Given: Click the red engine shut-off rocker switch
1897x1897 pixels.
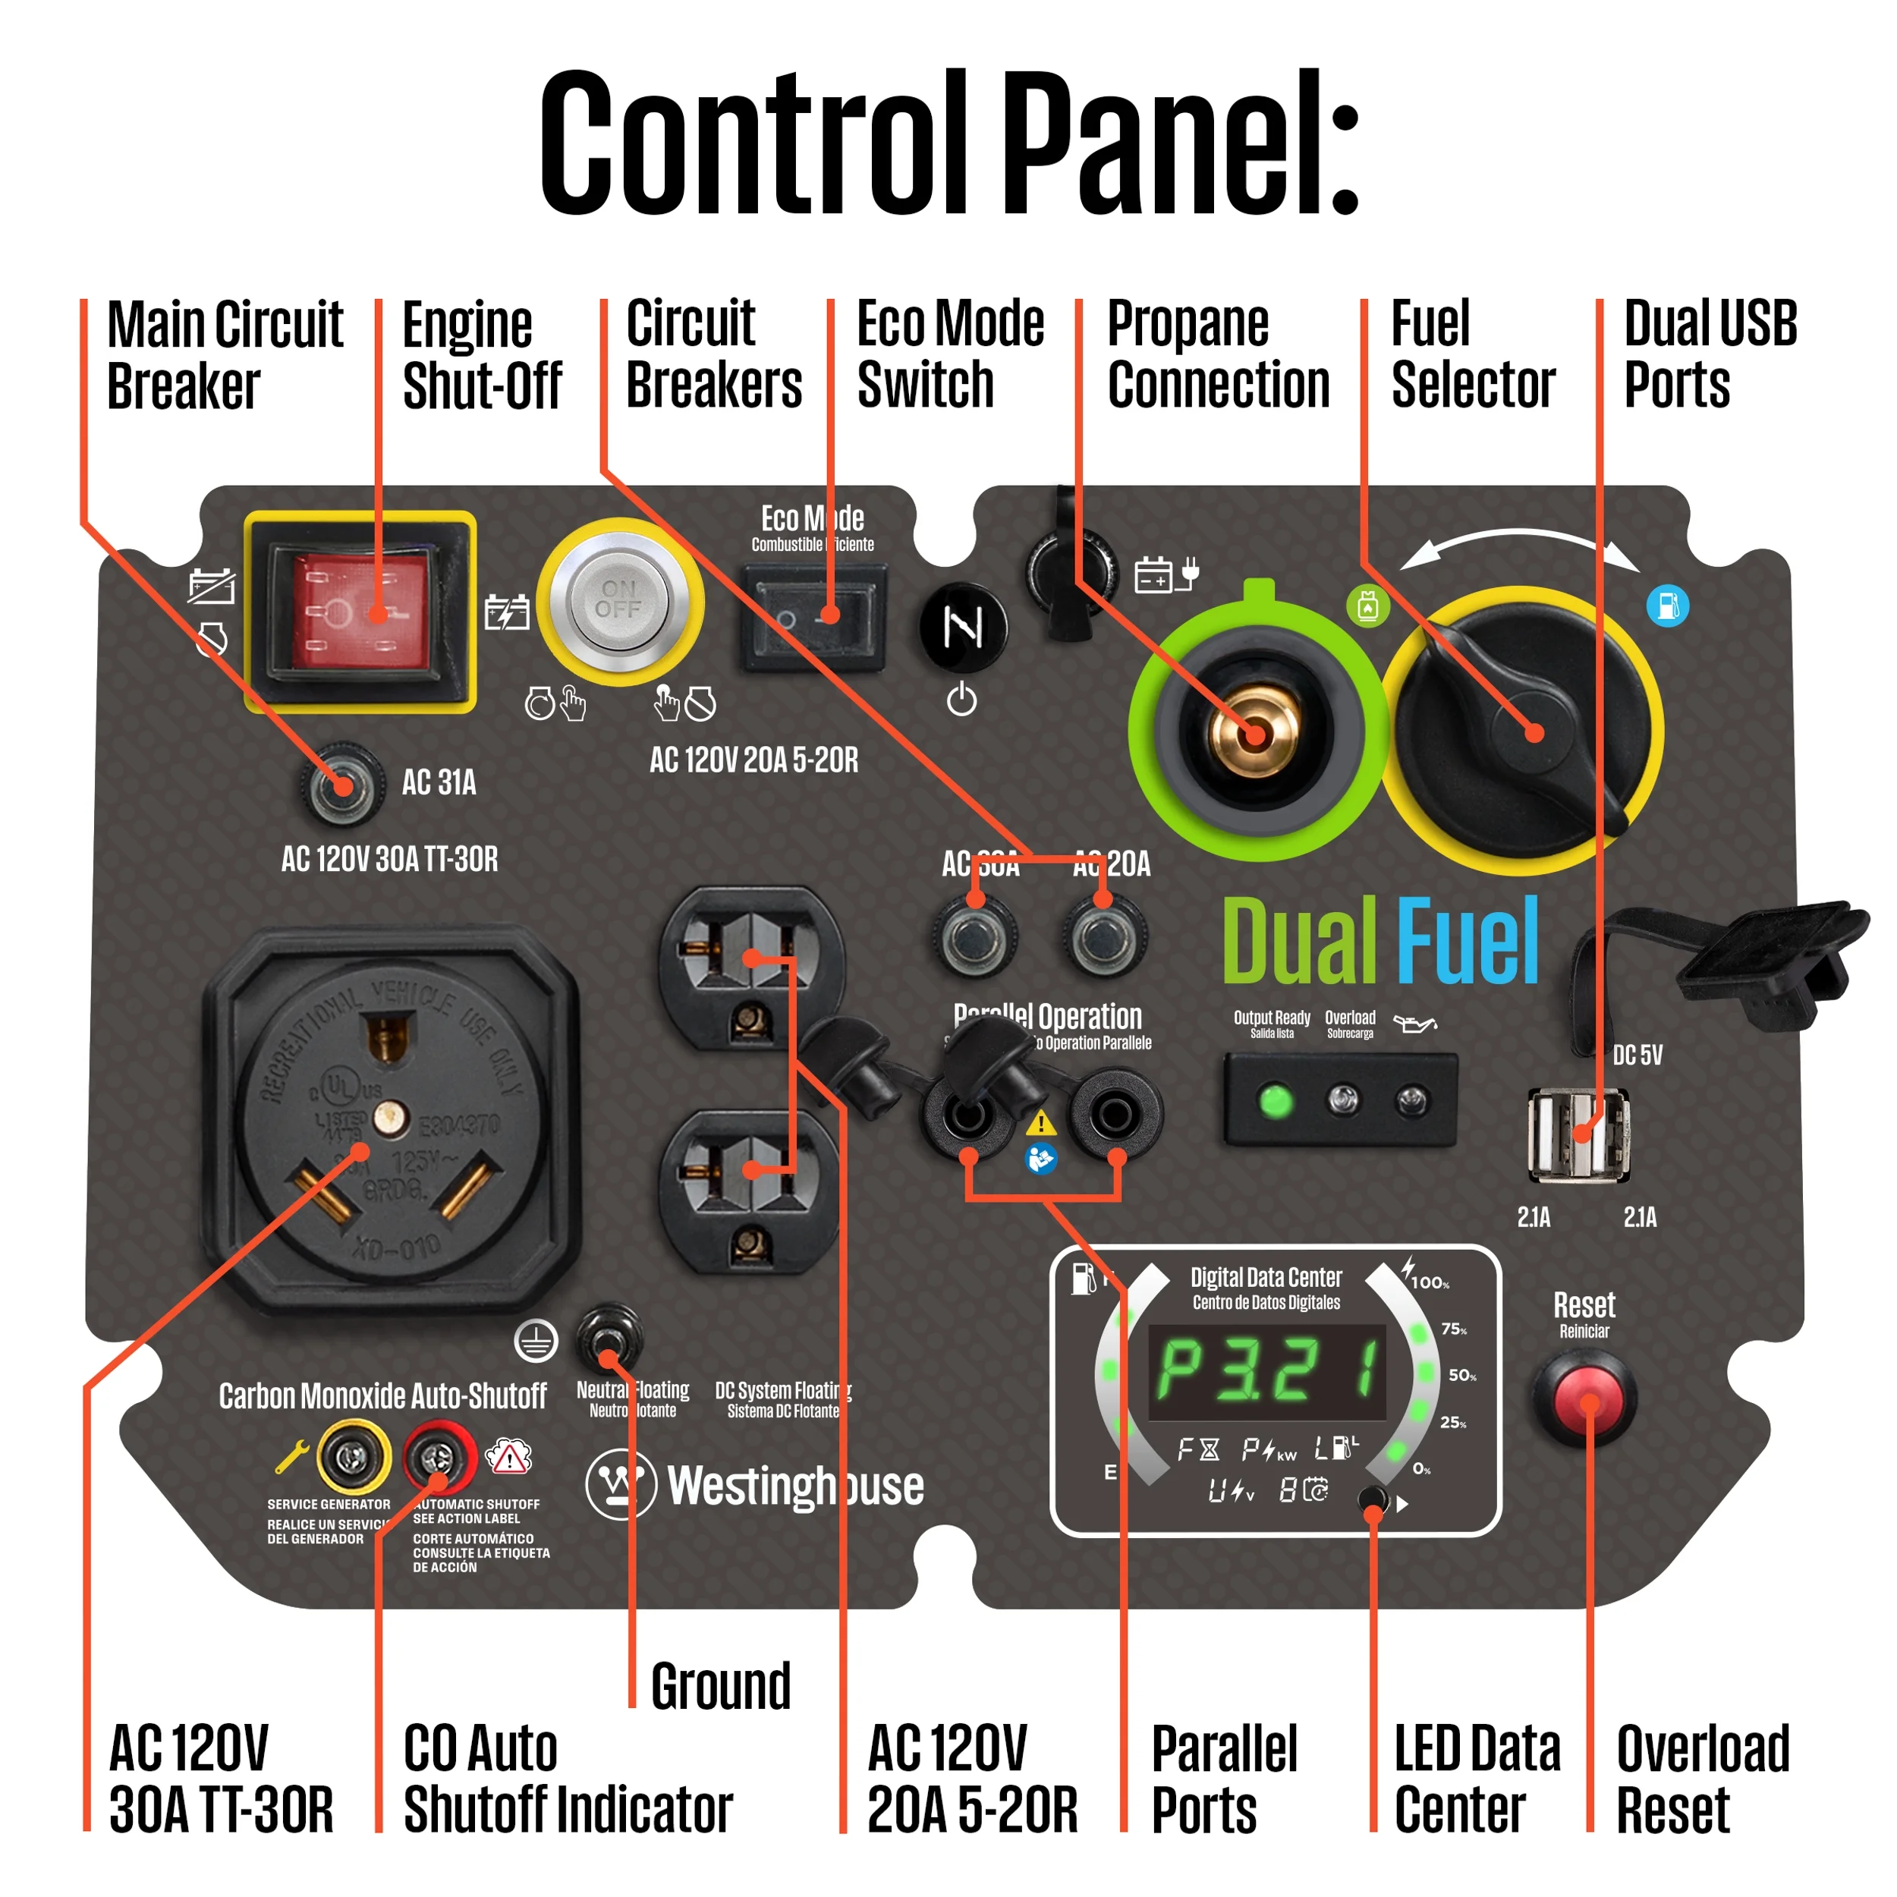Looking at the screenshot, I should (360, 611).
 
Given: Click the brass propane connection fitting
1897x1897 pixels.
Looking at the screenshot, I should (1256, 731).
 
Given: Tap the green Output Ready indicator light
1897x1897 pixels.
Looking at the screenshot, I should (1276, 1101).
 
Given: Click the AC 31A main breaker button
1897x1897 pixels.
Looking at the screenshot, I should (341, 785).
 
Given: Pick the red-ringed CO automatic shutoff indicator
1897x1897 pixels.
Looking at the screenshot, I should (439, 1459).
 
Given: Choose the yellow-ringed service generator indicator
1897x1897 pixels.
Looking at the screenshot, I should (353, 1459).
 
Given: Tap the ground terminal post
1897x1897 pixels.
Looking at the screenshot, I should (609, 1339).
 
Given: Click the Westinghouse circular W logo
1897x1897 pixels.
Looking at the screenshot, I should (621, 1485).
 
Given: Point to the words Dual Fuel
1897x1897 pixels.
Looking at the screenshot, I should (1379, 941).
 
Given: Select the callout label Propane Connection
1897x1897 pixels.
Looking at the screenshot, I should (1218, 354).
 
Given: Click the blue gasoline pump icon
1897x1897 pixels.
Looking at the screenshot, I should (1667, 606).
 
